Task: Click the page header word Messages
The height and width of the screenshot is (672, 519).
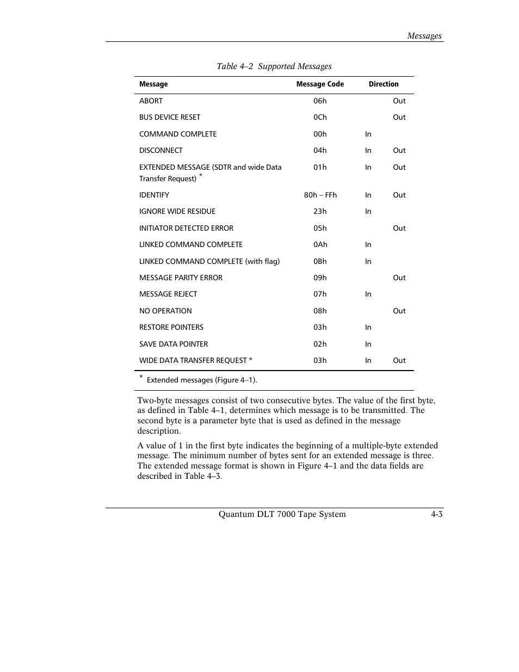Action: click(x=424, y=36)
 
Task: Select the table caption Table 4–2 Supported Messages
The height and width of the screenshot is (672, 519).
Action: click(x=274, y=66)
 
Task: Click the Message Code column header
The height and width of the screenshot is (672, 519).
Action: click(x=320, y=84)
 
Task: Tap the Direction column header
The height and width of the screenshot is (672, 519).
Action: click(x=383, y=84)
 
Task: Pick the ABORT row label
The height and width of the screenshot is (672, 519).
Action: click(x=151, y=101)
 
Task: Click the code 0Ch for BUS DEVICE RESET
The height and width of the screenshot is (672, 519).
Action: click(x=320, y=118)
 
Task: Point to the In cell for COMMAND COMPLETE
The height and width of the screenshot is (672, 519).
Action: click(x=368, y=134)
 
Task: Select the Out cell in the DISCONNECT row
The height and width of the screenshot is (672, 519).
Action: click(x=399, y=151)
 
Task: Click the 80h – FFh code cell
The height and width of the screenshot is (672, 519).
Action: click(x=320, y=195)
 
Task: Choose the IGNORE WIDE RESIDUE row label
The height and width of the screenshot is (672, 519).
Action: click(x=177, y=212)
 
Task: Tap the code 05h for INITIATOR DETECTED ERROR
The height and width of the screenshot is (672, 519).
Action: click(x=320, y=229)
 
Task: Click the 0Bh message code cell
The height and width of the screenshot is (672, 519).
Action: click(x=320, y=262)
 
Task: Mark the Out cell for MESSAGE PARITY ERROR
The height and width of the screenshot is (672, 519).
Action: click(x=399, y=278)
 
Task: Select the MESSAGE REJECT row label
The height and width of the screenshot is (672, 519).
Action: click(x=168, y=294)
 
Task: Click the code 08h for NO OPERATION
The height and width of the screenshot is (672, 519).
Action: click(x=320, y=311)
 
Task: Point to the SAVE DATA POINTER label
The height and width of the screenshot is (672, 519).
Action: click(x=173, y=344)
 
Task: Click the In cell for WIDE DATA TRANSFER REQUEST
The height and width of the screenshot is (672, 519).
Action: click(x=368, y=361)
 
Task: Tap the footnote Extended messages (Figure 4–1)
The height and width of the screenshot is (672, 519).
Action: click(x=202, y=380)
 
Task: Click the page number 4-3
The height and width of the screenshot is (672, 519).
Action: click(x=436, y=514)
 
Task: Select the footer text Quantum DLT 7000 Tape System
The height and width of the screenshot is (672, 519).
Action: click(x=282, y=514)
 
